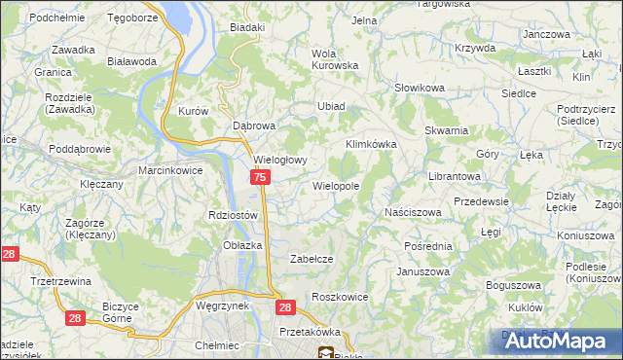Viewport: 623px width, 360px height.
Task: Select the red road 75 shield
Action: tap(260, 177)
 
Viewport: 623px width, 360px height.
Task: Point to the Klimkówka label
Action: tap(372, 144)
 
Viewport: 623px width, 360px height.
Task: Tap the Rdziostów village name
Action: tap(233, 215)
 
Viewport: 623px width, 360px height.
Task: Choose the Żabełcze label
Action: tap(312, 259)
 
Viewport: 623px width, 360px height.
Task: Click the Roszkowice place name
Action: tap(337, 296)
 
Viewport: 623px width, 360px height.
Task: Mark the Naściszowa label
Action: tap(414, 211)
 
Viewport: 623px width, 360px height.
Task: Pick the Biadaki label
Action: tap(247, 27)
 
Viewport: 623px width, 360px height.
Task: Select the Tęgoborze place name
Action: tap(133, 18)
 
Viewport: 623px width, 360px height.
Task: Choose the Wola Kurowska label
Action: tap(335, 58)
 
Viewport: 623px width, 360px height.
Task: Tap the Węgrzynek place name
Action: tap(223, 305)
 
